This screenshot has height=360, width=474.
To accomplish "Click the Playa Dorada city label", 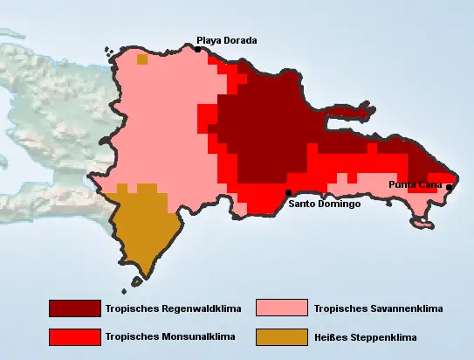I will (226, 39).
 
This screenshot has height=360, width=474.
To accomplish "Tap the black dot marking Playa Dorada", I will (198, 50).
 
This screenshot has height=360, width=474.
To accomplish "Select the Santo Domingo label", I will (324, 204).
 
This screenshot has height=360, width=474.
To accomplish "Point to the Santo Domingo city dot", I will (289, 192).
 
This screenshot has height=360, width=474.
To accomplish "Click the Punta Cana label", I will (415, 184).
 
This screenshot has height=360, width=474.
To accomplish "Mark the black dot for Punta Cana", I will (449, 187).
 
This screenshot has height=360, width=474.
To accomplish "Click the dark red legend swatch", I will (75, 308).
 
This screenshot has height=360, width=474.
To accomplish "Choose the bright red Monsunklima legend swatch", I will (75, 336).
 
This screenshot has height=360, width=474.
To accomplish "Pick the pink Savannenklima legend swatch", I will (282, 308).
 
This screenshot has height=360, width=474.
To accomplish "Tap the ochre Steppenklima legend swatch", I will (282, 336).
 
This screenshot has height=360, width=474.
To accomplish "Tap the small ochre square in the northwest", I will (141, 60).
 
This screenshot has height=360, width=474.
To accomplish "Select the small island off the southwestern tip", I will (137, 281).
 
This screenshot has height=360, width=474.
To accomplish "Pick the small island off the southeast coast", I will (422, 225).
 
